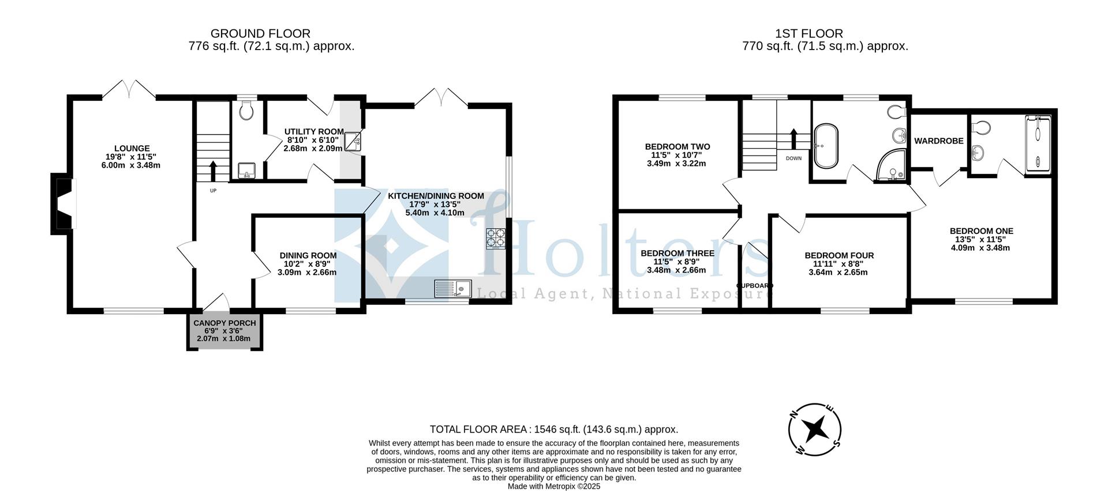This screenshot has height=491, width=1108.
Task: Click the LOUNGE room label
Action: (x=132, y=149)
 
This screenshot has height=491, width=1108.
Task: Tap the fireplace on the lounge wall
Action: (x=63, y=204)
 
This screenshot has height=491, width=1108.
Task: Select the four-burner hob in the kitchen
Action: (x=495, y=239)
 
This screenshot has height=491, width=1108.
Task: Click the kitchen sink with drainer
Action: (x=453, y=288)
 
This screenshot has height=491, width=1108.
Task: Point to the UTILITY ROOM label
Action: (x=313, y=132)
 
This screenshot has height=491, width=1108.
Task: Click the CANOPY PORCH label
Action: (x=224, y=323)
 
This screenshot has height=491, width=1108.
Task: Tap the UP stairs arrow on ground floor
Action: (x=213, y=171)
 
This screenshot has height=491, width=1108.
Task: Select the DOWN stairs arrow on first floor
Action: (x=793, y=139)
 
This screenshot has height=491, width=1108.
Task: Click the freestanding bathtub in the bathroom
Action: (x=826, y=145)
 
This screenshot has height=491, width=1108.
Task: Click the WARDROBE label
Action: (x=938, y=141)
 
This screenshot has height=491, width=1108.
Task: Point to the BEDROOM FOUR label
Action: (x=839, y=255)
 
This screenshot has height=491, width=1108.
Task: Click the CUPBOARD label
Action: (x=754, y=285)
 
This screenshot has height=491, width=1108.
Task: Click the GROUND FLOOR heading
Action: (x=260, y=33)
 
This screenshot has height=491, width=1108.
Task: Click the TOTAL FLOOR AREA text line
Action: (x=553, y=429)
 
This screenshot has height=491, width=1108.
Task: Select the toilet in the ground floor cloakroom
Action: (x=246, y=111)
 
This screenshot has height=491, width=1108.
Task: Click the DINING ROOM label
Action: (x=308, y=255)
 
